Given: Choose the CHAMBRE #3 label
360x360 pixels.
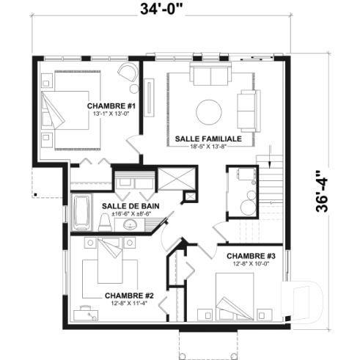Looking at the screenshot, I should coord(251,255).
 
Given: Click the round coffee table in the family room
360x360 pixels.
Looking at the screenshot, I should coord(210,111).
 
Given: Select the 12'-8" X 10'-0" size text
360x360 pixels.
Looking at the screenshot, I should coord(251,264).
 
